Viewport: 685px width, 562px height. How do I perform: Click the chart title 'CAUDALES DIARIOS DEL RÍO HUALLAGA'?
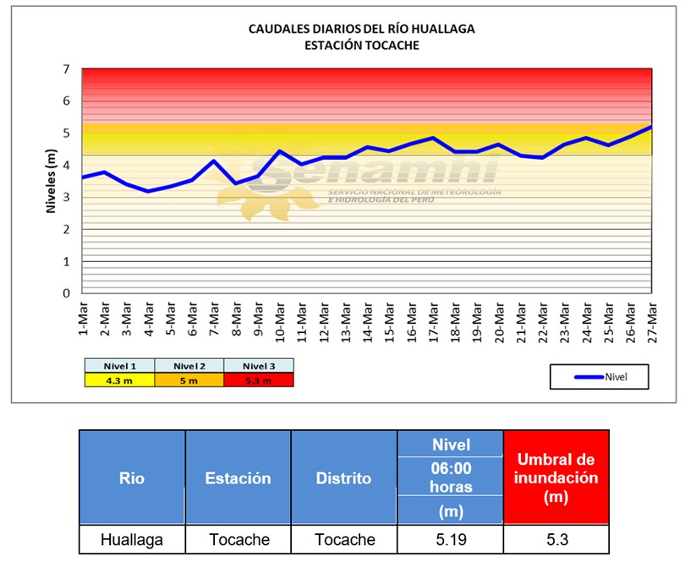362,29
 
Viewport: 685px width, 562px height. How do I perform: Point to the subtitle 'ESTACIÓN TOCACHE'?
362,46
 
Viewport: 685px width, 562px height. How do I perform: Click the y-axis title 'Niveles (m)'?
51,181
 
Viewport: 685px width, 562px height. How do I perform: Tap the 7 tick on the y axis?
66,69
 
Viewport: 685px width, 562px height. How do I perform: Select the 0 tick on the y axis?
66,293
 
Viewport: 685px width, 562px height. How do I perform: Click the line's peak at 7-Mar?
214,161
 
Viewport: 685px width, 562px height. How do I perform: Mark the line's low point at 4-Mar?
148,191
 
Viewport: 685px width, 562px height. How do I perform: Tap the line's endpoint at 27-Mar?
651,127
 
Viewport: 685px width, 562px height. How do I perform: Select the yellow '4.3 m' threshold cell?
119,380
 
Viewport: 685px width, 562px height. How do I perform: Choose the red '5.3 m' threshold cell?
259,380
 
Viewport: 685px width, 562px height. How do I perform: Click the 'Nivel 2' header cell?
189,366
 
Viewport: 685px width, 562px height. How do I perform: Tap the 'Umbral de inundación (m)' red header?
556,477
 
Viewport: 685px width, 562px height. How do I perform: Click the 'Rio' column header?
132,477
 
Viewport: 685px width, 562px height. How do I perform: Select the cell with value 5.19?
451,540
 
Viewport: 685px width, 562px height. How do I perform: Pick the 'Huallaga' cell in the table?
132,540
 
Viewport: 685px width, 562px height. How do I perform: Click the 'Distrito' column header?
344,477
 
